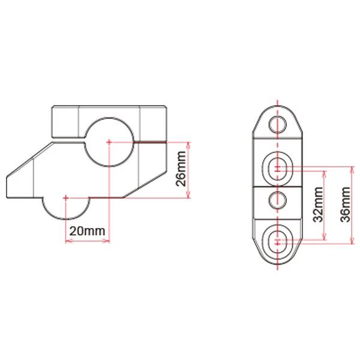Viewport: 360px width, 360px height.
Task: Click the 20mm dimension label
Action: coord(87,230)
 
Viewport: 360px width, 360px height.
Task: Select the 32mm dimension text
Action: coord(318,206)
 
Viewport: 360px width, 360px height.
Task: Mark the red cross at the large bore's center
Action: coord(109,142)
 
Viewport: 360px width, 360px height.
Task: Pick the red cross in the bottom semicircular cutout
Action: coord(65,197)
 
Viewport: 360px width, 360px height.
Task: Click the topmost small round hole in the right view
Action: coord(277,125)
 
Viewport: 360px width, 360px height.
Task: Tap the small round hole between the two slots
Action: coord(277,199)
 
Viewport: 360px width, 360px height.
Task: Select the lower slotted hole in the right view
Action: coord(277,240)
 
